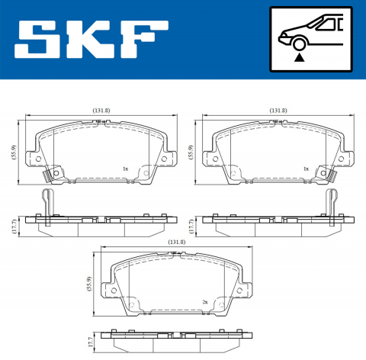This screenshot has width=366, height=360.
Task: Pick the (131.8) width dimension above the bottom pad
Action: click(177, 243)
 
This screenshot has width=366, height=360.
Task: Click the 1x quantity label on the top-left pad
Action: click(125, 169)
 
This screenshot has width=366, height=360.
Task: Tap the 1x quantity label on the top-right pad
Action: click(305, 169)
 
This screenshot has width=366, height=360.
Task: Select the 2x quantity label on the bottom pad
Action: click(205, 302)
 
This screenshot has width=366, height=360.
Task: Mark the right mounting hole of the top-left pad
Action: click(162, 159)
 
